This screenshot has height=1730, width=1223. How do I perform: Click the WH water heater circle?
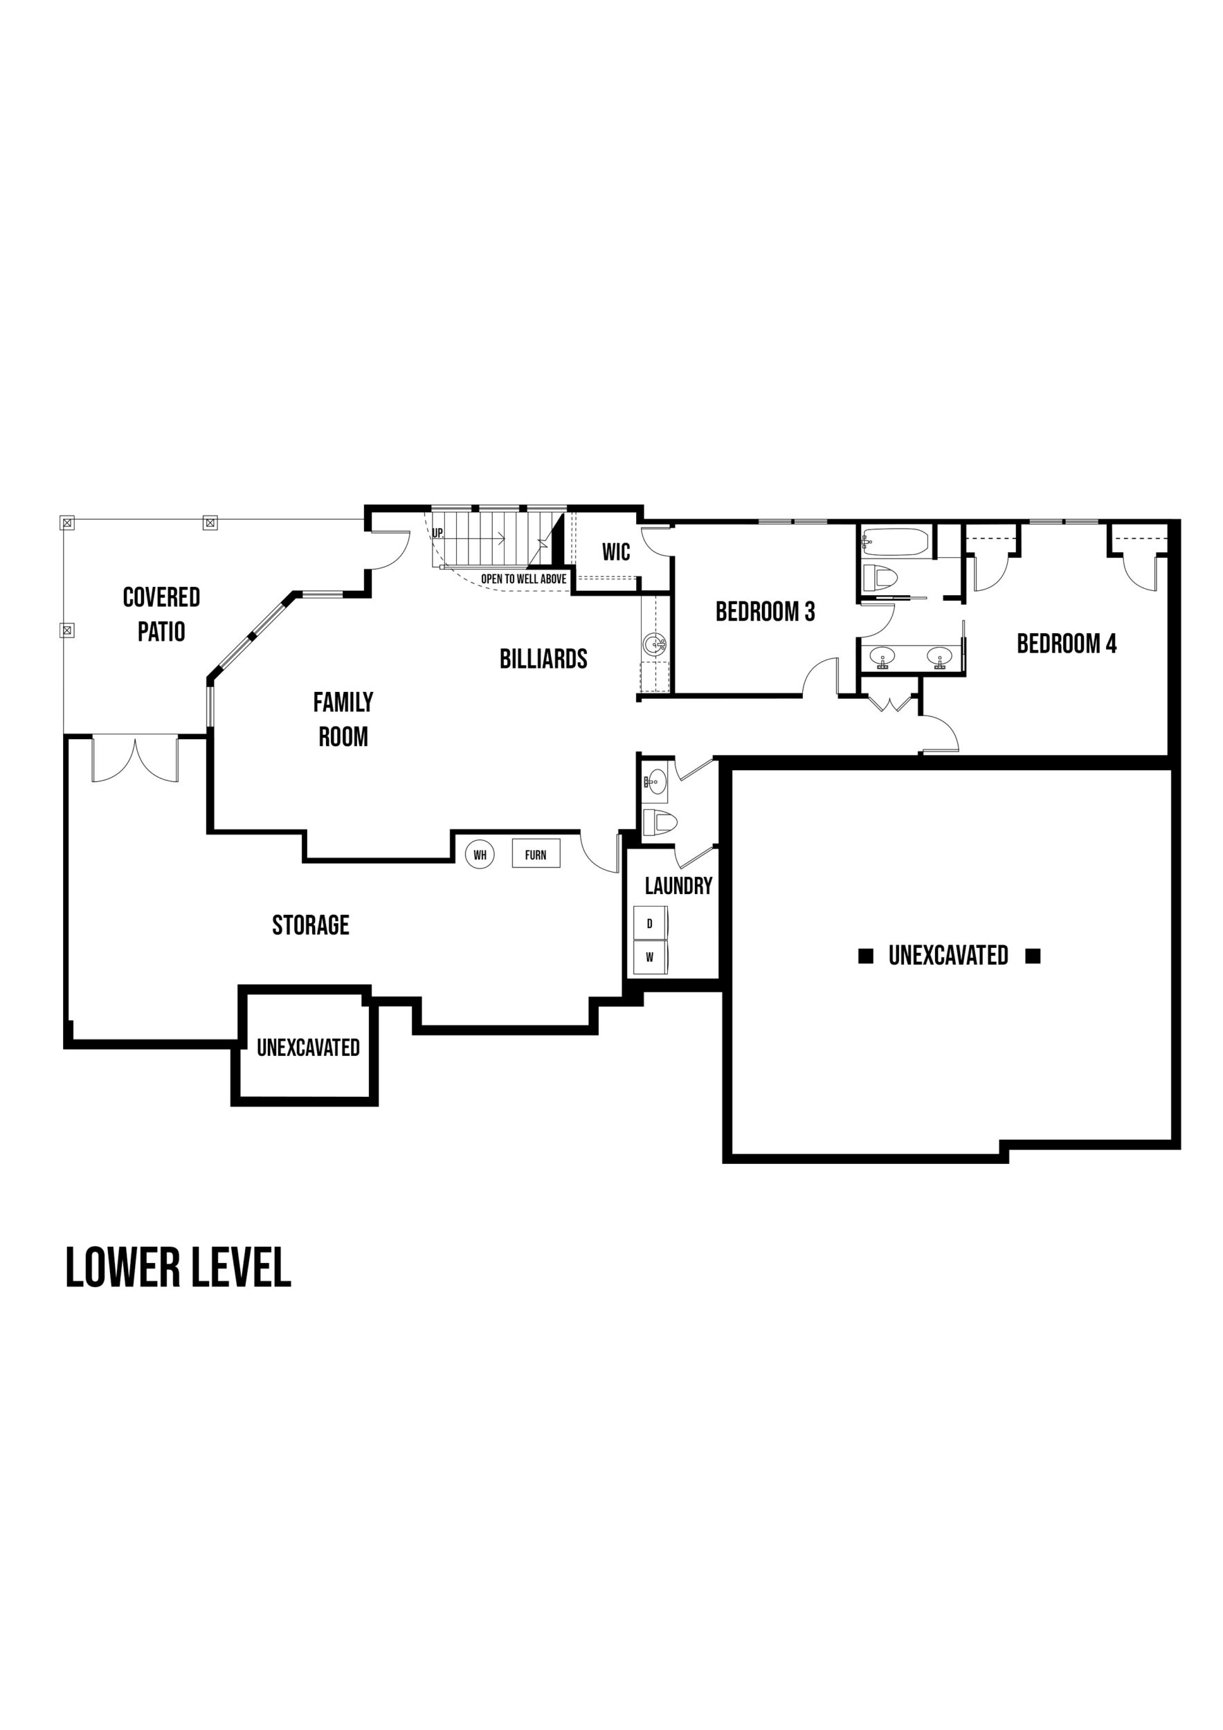tap(479, 855)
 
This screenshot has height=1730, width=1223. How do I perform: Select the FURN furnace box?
tap(536, 854)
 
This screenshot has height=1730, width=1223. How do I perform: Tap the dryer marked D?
tap(649, 923)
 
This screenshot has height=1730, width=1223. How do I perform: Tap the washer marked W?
tap(649, 958)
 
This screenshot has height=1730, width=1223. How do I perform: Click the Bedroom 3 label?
tap(765, 611)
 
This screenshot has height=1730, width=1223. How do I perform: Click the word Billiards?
tap(543, 659)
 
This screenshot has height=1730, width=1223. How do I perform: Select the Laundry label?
tap(678, 885)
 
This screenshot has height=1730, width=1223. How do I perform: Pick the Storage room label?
tap(311, 925)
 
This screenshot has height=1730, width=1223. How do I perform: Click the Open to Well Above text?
tap(524, 579)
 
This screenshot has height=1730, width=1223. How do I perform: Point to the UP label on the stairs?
tap(437, 533)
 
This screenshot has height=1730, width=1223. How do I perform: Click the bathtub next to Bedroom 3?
tap(895, 542)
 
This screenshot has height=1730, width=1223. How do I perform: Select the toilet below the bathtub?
tap(880, 579)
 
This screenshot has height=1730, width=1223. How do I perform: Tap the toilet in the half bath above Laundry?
tap(660, 822)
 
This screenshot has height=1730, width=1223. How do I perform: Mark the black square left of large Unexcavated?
tap(866, 956)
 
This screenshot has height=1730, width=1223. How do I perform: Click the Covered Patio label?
tap(161, 614)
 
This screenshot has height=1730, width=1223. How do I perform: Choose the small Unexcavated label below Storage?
tap(308, 1048)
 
